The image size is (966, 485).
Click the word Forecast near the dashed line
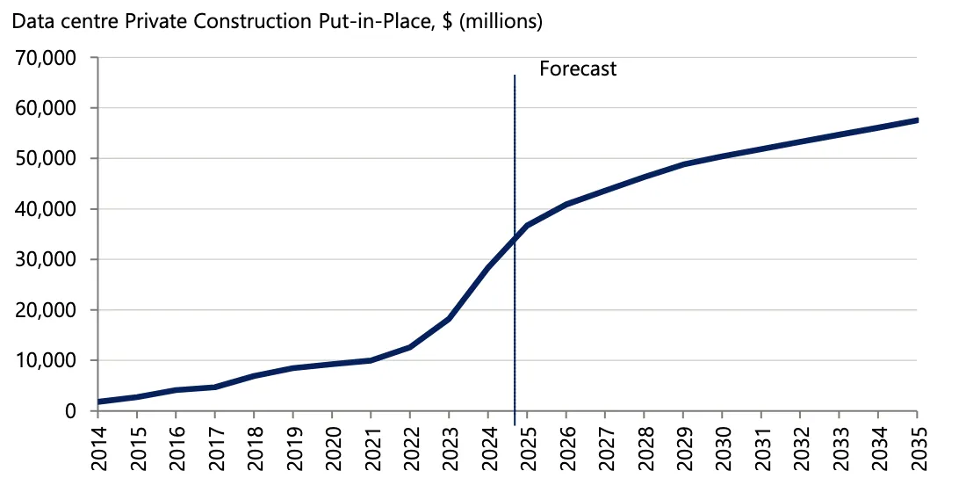(x=577, y=69)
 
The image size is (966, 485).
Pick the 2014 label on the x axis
(x=98, y=446)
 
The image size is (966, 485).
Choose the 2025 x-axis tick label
(x=527, y=446)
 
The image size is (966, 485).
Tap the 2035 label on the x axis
(x=917, y=446)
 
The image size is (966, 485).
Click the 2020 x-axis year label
(x=332, y=446)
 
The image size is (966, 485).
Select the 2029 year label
(x=683, y=446)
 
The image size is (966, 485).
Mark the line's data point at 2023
(x=449, y=318)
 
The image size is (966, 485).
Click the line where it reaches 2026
(x=566, y=204)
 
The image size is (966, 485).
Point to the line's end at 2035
(x=916, y=120)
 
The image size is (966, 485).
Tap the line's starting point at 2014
(x=99, y=402)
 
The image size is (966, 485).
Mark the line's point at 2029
(x=683, y=164)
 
